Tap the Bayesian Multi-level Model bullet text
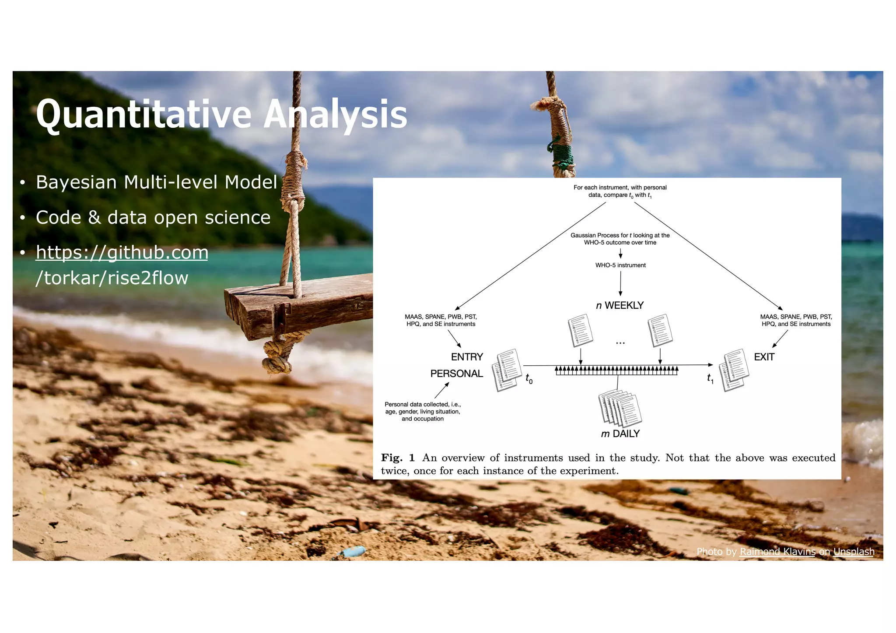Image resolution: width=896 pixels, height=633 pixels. pyautogui.click(x=156, y=182)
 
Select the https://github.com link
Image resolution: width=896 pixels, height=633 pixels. pyautogui.click(x=122, y=252)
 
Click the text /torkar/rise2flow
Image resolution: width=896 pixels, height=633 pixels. pyautogui.click(x=112, y=278)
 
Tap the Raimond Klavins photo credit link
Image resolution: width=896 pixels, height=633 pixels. pyautogui.click(x=777, y=552)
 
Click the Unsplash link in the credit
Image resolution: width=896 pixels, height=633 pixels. pyautogui.click(x=853, y=552)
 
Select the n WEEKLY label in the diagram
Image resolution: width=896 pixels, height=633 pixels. pyautogui.click(x=619, y=305)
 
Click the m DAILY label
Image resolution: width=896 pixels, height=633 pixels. pyautogui.click(x=620, y=434)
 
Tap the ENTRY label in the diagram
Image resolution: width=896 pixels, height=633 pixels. pyautogui.click(x=466, y=357)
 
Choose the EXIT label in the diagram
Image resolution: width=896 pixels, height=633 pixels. pyautogui.click(x=764, y=357)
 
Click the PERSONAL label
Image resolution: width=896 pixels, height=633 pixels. pyautogui.click(x=456, y=374)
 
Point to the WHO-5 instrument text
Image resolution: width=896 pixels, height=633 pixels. pyautogui.click(x=620, y=265)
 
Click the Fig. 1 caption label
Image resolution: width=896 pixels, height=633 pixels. pyautogui.click(x=397, y=458)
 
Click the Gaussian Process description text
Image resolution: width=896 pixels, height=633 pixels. pyautogui.click(x=619, y=239)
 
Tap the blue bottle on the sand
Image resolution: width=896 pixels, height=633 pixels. pyautogui.click(x=353, y=552)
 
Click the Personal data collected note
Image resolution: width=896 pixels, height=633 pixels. pyautogui.click(x=422, y=411)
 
